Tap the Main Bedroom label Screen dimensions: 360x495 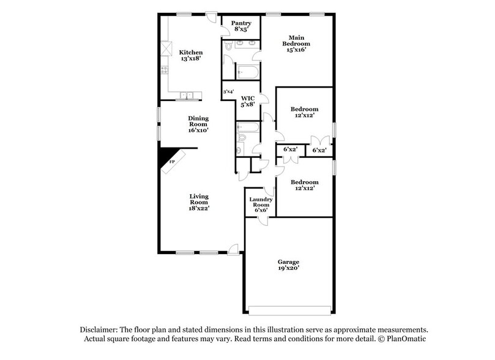296,44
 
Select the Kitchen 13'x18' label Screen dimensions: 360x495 191,56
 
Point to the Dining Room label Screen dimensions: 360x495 198,124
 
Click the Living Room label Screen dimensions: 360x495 199,201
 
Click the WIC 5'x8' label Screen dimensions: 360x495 247,101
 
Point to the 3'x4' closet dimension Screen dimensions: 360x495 228,92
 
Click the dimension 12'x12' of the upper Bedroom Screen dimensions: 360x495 304,116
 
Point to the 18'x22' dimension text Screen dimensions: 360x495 199,209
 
